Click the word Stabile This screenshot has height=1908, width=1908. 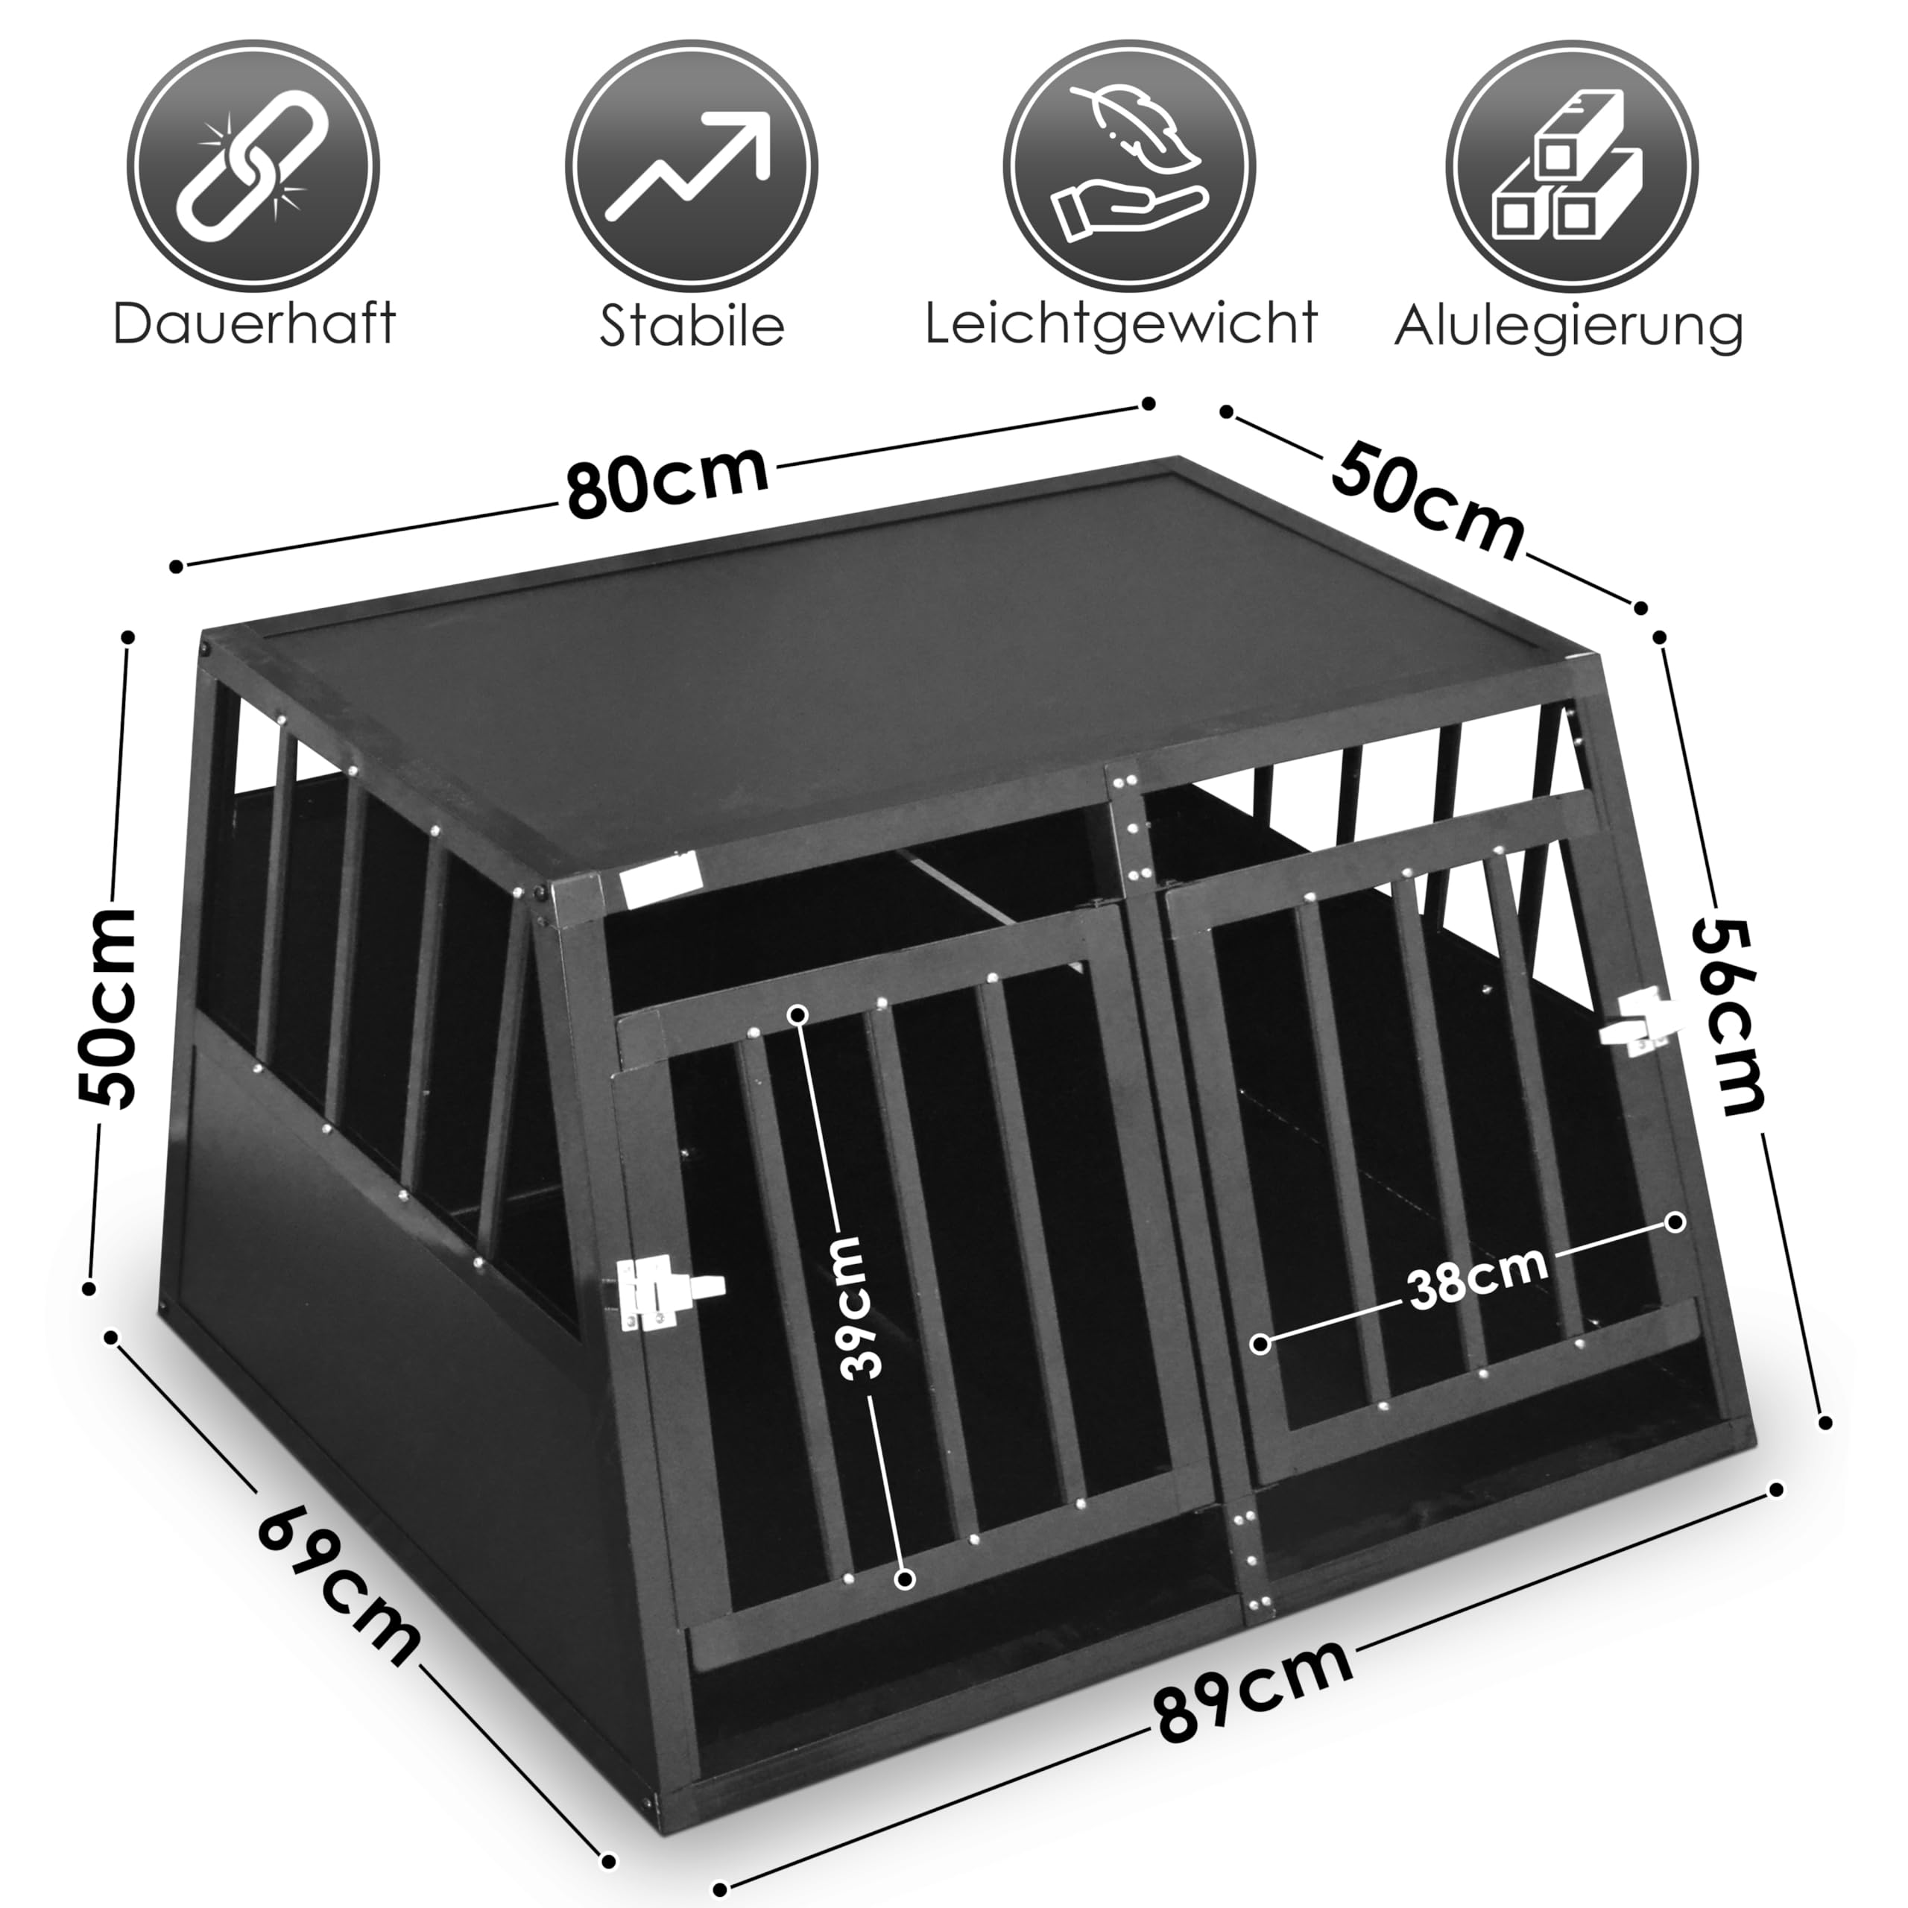click(692, 325)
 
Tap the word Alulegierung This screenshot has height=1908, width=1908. click(1568, 325)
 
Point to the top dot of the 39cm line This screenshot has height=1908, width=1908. click(798, 1014)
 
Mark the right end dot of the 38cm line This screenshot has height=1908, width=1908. click(1675, 1222)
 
